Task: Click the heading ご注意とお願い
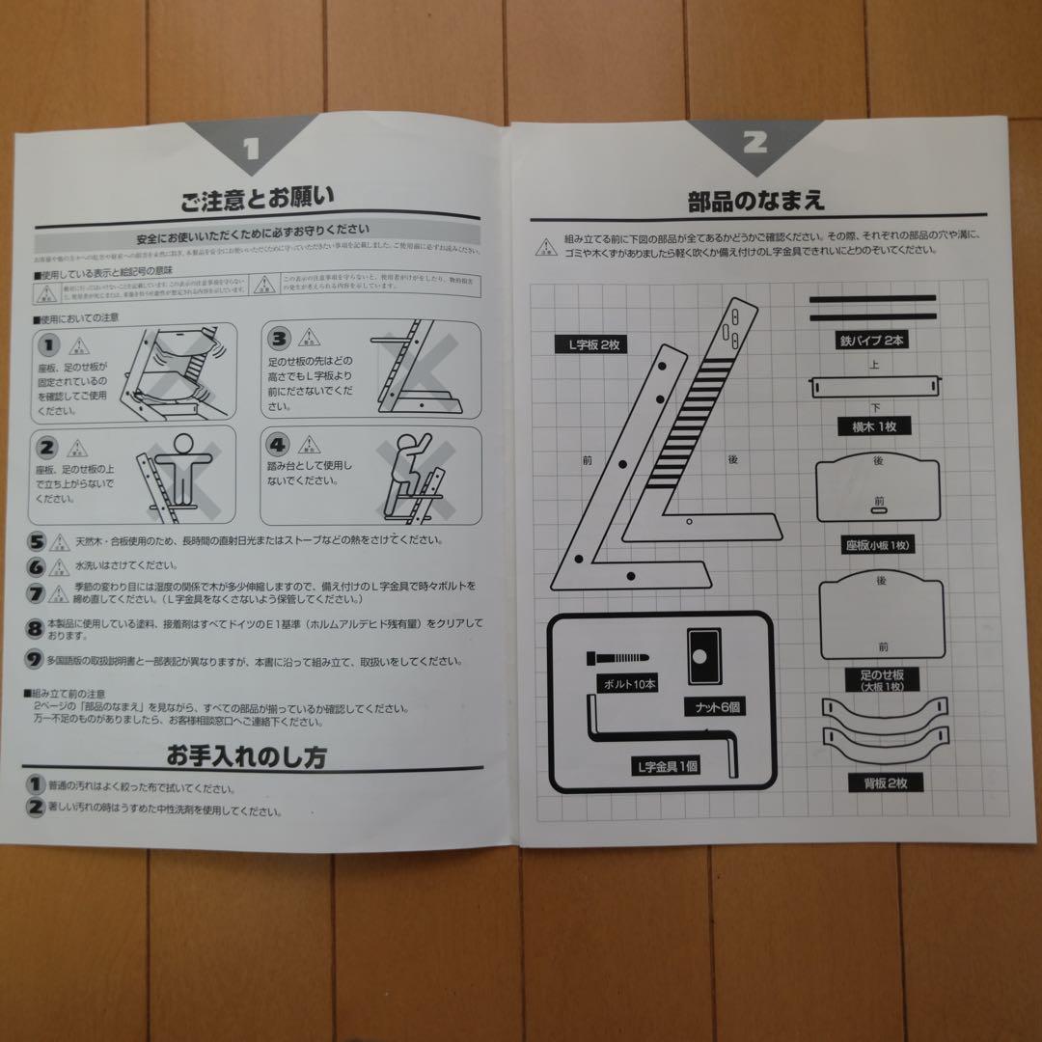tap(258, 200)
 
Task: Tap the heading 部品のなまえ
tap(755, 202)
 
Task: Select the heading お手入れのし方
tap(260, 755)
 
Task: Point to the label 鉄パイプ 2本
tap(871, 341)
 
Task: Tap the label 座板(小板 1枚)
tap(878, 545)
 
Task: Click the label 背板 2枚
tap(878, 783)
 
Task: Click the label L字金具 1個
tap(665, 767)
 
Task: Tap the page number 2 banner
tap(754, 143)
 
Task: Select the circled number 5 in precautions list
tap(37, 542)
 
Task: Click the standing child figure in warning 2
tap(177, 477)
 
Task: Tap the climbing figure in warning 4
tap(410, 474)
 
